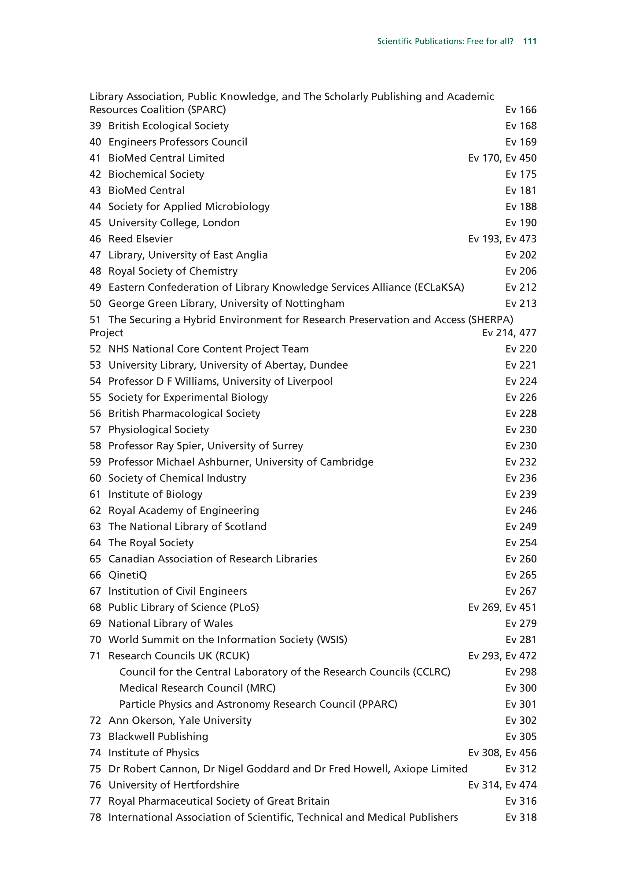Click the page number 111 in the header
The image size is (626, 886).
530,41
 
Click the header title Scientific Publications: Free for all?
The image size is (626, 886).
445,41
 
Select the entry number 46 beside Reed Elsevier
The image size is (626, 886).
95,239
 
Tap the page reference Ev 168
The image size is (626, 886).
521,126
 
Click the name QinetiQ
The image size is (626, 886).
128,575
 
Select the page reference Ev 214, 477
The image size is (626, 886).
509,333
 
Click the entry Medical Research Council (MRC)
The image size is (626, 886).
197,688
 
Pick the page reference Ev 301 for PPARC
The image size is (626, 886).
521,704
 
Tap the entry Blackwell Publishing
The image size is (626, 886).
158,737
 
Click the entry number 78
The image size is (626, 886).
95,817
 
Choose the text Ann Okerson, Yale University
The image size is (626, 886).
180,721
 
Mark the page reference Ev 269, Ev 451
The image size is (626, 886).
502,607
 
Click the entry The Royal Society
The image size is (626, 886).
151,543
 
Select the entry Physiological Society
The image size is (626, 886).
159,430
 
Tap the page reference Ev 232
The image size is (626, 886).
521,462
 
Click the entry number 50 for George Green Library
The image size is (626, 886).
95,304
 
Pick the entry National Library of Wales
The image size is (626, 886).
171,624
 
